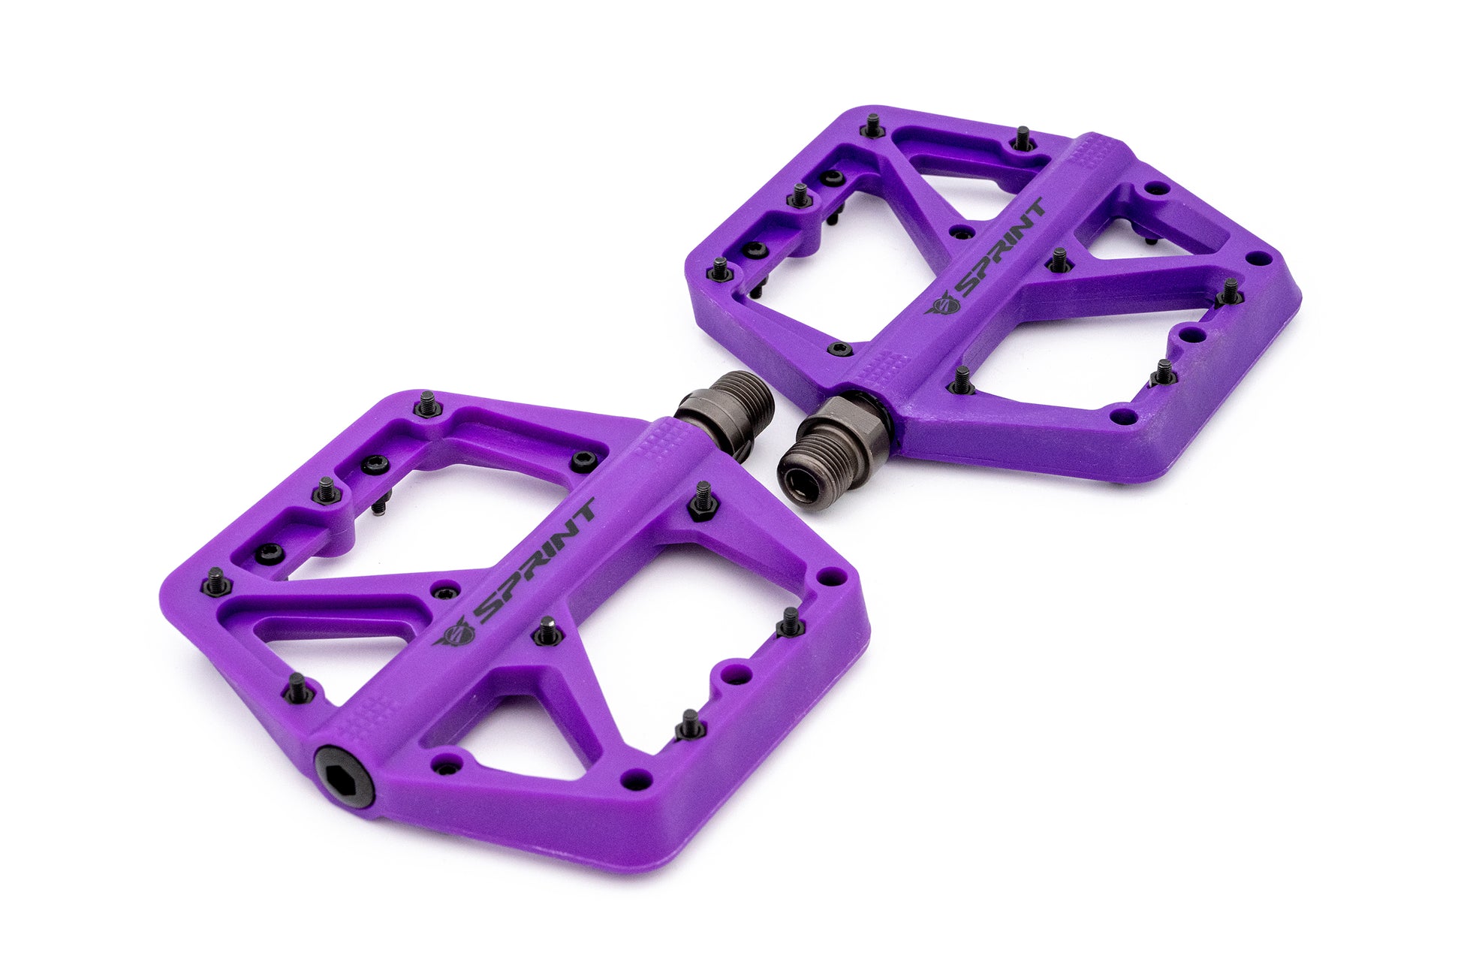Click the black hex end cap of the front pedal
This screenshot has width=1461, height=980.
(344, 776)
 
